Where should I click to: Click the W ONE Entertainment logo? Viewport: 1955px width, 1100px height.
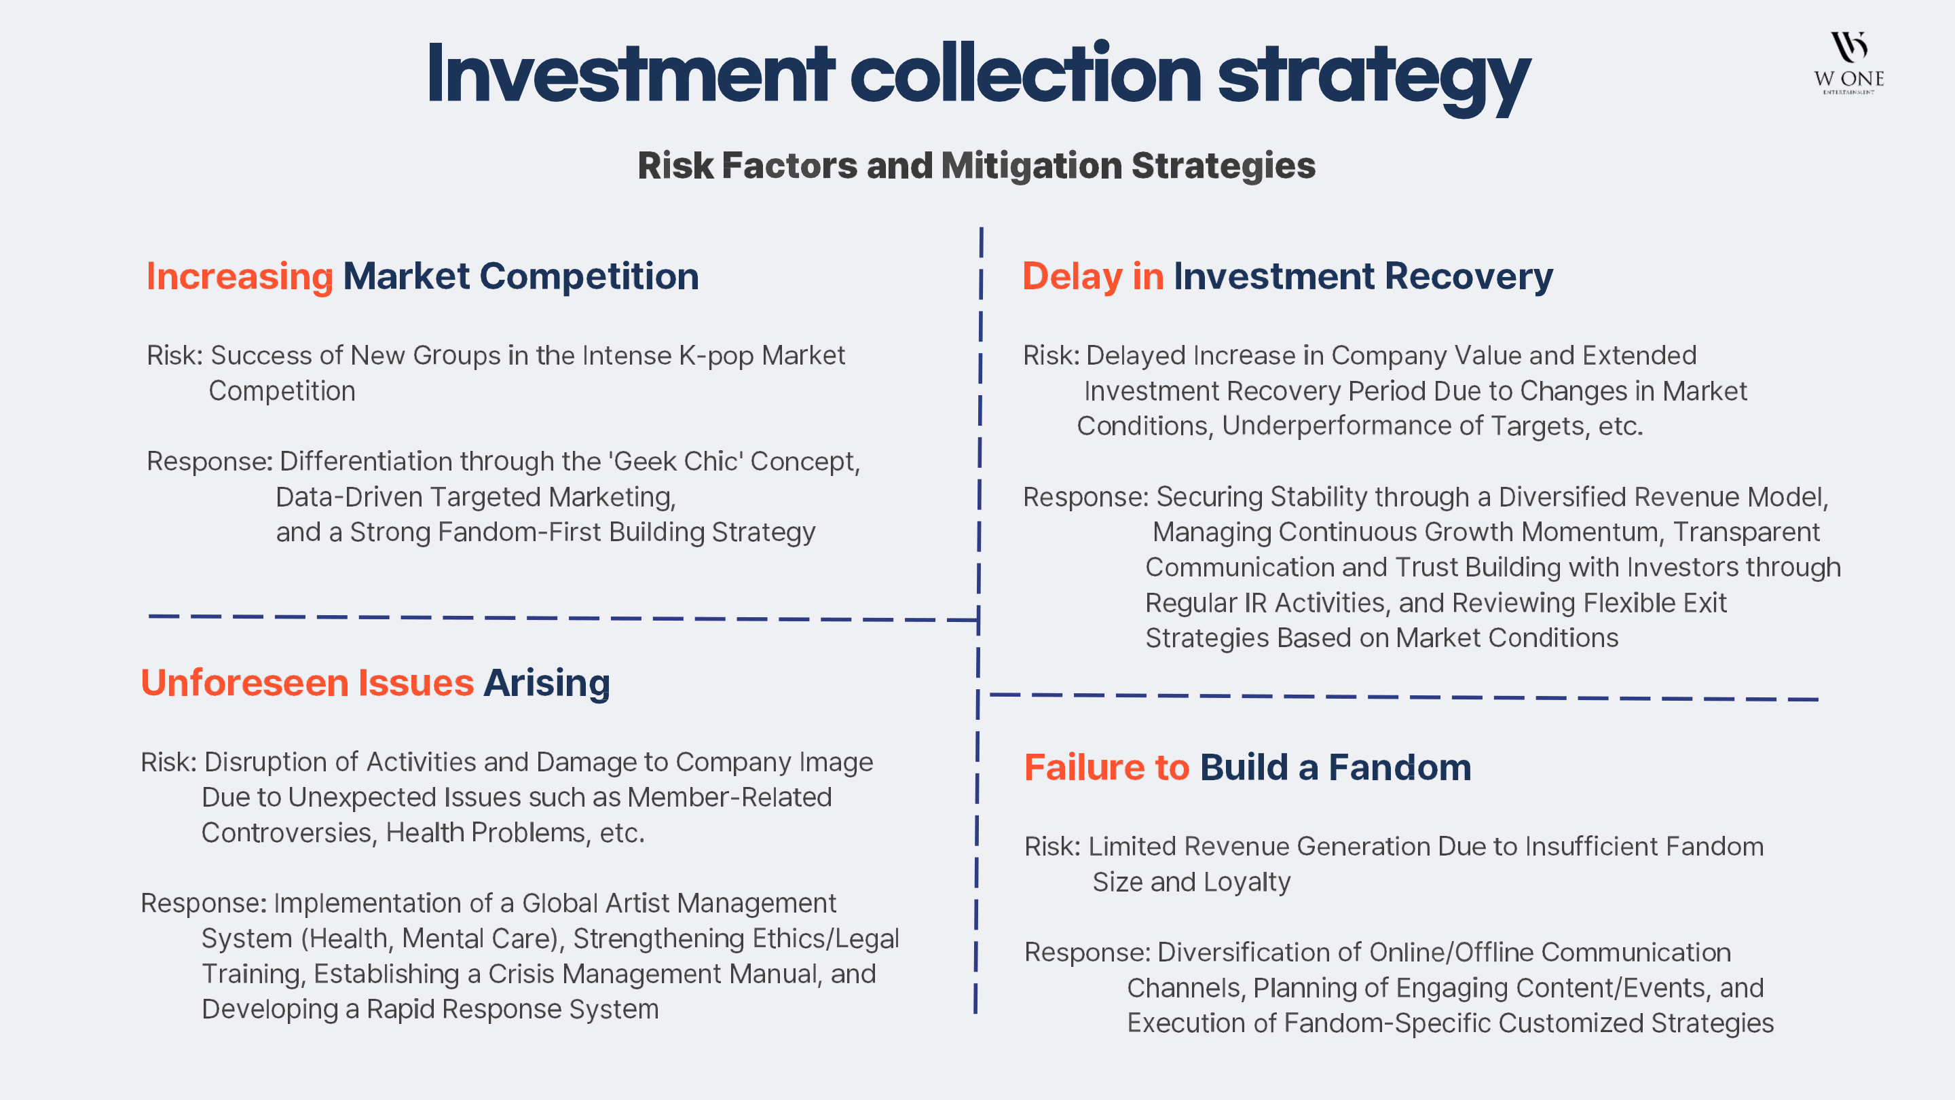pos(1848,62)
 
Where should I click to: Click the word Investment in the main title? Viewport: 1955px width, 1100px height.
pos(631,75)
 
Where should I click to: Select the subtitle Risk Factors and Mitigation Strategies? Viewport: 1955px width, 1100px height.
pos(977,166)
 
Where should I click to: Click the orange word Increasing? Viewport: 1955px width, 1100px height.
pos(240,277)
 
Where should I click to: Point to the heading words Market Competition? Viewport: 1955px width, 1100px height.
pos(521,276)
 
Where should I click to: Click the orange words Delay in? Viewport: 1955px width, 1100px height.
pos(1093,276)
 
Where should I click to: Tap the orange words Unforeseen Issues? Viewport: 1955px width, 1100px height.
pos(308,682)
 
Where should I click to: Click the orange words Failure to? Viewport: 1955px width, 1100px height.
pos(1106,767)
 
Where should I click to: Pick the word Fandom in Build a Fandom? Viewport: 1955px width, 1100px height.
pos(1400,767)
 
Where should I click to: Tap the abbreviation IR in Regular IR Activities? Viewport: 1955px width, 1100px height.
pos(1256,603)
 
